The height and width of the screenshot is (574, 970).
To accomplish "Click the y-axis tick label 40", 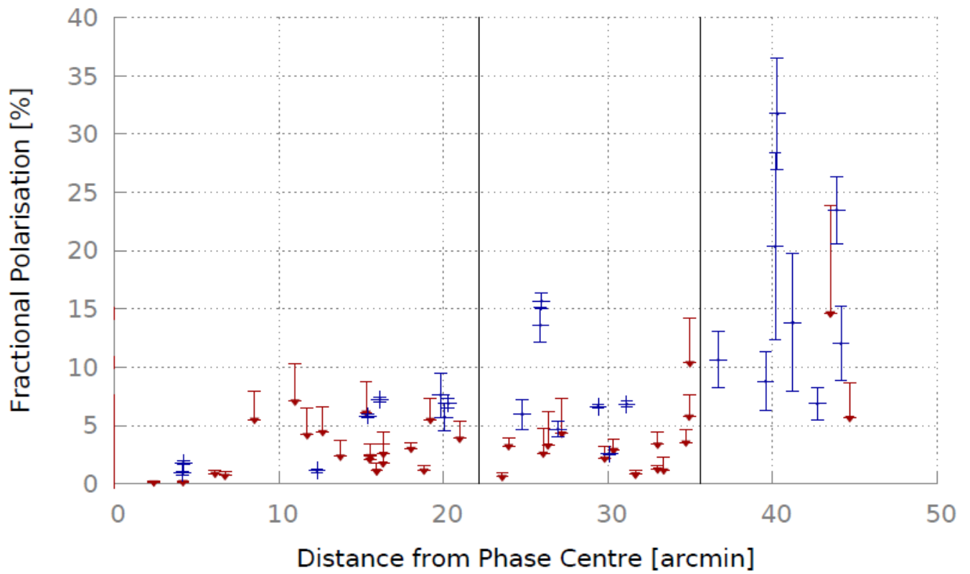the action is [83, 19].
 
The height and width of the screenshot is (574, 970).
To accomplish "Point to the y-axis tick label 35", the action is [83, 77].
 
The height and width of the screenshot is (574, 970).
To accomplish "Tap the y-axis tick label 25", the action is [83, 193].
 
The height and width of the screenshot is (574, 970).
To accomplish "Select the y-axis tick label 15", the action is [83, 310].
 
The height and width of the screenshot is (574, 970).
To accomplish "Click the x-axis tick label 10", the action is [283, 514].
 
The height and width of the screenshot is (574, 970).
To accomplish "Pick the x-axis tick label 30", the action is [612, 514].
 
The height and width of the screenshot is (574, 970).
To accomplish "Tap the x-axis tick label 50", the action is [941, 514].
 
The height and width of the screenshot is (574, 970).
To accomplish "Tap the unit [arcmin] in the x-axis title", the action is [703, 558].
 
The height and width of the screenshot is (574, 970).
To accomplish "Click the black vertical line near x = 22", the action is [479, 251].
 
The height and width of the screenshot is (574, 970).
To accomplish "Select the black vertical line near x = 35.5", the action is [700, 251].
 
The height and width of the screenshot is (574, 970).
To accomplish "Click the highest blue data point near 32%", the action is [777, 114].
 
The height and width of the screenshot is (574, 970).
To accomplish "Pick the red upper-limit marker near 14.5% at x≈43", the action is [830, 314].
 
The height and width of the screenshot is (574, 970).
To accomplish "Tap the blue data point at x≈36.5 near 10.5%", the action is [718, 360].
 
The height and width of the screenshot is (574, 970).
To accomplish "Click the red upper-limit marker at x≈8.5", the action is [254, 420].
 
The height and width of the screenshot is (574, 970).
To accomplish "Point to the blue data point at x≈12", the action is [317, 470].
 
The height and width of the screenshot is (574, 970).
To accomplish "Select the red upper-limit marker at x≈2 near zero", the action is [154, 483].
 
